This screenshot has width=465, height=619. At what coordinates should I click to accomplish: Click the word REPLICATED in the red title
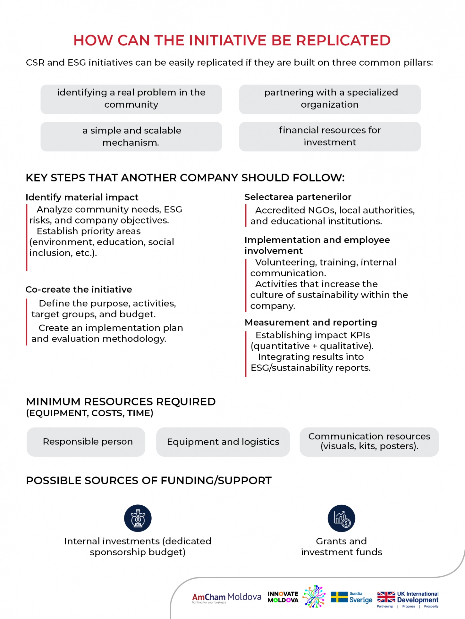[x=343, y=41]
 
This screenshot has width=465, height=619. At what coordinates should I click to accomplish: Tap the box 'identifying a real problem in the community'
[x=131, y=99]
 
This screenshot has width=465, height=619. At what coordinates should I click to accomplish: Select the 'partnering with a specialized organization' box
[x=330, y=99]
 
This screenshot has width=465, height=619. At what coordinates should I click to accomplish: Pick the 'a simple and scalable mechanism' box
[x=131, y=136]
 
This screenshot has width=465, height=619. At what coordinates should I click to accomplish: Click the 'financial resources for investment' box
[x=330, y=136]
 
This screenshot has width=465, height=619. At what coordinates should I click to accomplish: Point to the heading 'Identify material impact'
[x=82, y=197]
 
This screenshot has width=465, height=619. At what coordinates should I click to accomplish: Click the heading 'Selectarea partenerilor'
[x=298, y=197]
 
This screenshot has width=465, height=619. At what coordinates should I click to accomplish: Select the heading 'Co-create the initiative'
[x=79, y=289]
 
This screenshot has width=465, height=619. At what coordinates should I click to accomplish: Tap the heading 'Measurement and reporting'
[x=310, y=322]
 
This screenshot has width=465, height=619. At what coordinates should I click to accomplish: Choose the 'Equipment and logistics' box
[x=223, y=442]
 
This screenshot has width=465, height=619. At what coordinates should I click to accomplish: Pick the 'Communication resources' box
[x=369, y=442]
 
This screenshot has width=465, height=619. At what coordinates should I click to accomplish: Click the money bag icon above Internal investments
[x=138, y=518]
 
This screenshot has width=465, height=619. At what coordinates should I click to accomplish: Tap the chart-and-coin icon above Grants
[x=341, y=518]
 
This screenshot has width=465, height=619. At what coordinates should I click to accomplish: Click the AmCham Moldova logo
[x=226, y=598]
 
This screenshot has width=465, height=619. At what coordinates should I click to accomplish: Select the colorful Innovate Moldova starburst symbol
[x=314, y=596]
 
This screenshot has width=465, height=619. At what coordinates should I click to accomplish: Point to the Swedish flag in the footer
[x=339, y=597]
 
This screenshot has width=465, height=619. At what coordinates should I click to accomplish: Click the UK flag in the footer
[x=386, y=597]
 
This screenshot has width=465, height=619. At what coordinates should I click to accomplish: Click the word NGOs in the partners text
[x=322, y=210]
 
